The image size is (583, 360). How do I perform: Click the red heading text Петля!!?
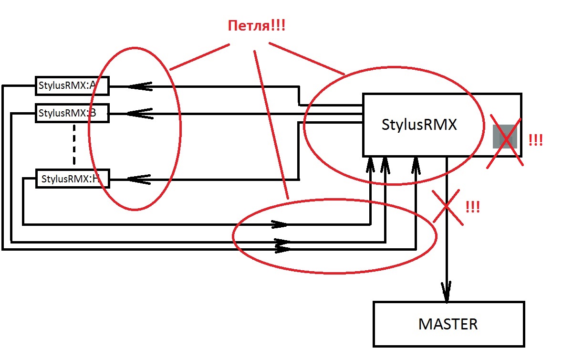257,26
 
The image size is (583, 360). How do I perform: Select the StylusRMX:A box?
72,86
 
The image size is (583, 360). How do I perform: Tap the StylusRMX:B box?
72,113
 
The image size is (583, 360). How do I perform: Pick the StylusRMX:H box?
73,179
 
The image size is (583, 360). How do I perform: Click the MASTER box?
448,324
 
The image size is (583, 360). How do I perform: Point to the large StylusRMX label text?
419,125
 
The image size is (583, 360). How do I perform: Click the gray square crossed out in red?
505,137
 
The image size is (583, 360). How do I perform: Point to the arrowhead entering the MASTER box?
447,292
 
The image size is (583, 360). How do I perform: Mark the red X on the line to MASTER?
447,207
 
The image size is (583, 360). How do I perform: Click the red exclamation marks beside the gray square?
536,140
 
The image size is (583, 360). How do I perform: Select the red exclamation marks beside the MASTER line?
472,207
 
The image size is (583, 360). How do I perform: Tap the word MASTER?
448,324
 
